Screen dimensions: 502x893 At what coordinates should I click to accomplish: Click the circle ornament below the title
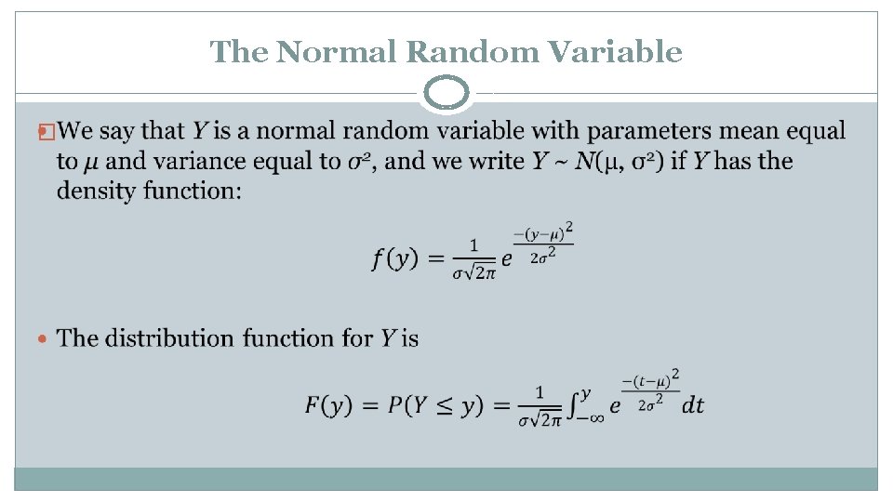coord(446,94)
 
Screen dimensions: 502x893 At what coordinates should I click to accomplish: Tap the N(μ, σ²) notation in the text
coord(619,161)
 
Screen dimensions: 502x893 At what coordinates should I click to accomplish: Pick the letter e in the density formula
coord(506,260)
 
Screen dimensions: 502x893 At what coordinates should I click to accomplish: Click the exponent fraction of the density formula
coord(542,243)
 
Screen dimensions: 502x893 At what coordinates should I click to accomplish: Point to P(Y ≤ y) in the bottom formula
coord(433,404)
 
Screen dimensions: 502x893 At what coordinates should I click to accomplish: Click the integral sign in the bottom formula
coord(579,405)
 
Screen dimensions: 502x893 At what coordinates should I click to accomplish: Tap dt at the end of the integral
coord(693,405)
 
